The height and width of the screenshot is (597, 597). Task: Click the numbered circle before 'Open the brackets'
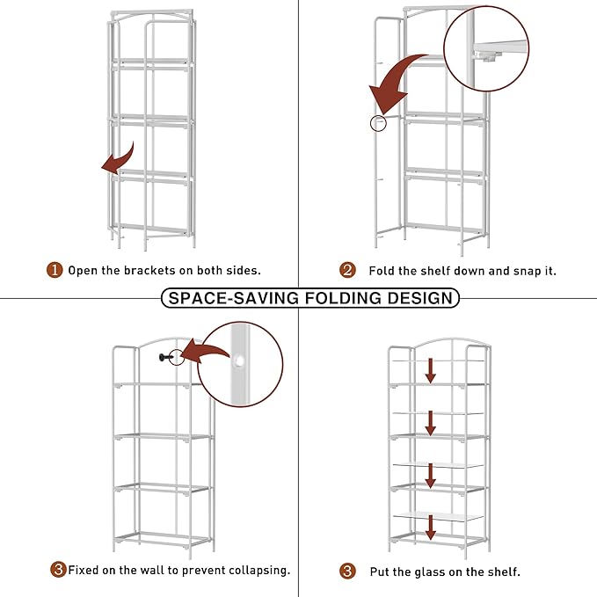point(55,271)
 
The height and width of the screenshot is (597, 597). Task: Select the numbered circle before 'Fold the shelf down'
point(347,271)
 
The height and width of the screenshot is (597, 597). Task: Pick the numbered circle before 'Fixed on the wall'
point(58,570)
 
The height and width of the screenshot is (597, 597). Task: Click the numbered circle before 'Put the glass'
point(347,571)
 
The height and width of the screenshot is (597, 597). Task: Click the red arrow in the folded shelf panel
point(118,161)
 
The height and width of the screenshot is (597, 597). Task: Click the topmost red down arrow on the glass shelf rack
point(431,368)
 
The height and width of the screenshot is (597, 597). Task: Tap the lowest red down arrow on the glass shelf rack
point(431,528)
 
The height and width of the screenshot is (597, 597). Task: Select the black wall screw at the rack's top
point(164,357)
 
